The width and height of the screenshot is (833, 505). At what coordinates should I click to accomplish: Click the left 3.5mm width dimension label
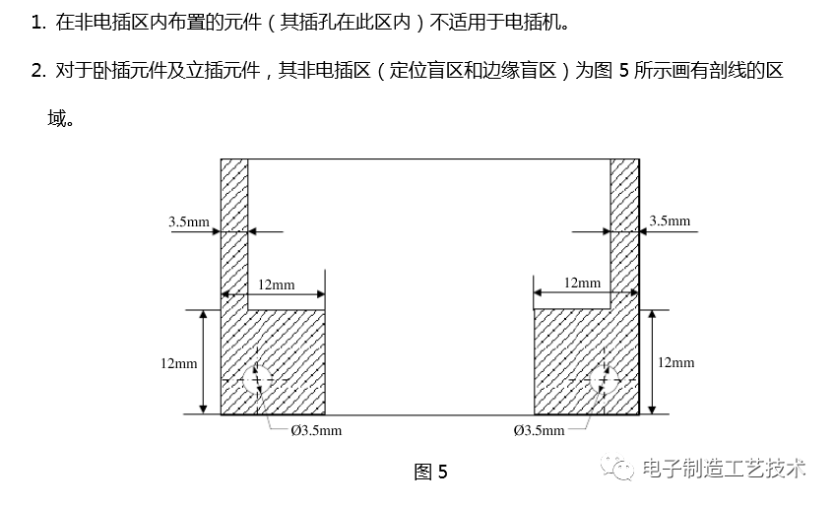point(188,221)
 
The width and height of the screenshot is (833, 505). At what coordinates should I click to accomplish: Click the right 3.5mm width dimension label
point(670,221)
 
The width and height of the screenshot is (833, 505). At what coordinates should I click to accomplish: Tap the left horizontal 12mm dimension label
point(276,284)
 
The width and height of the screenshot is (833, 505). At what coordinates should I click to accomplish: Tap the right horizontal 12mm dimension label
point(583,283)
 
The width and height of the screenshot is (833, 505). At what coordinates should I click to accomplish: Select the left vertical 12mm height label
point(178,363)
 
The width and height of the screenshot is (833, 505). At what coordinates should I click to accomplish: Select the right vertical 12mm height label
point(675,362)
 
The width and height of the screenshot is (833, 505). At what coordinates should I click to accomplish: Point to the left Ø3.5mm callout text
point(316,430)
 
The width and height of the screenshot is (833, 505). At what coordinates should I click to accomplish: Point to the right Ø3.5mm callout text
point(540,430)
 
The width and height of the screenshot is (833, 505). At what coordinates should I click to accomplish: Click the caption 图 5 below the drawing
point(430,472)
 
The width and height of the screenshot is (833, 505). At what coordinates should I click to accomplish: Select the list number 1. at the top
point(38,22)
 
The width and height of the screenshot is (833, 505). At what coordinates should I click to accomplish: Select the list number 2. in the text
point(38,71)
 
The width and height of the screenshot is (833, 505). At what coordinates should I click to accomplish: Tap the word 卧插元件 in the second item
point(108,71)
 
